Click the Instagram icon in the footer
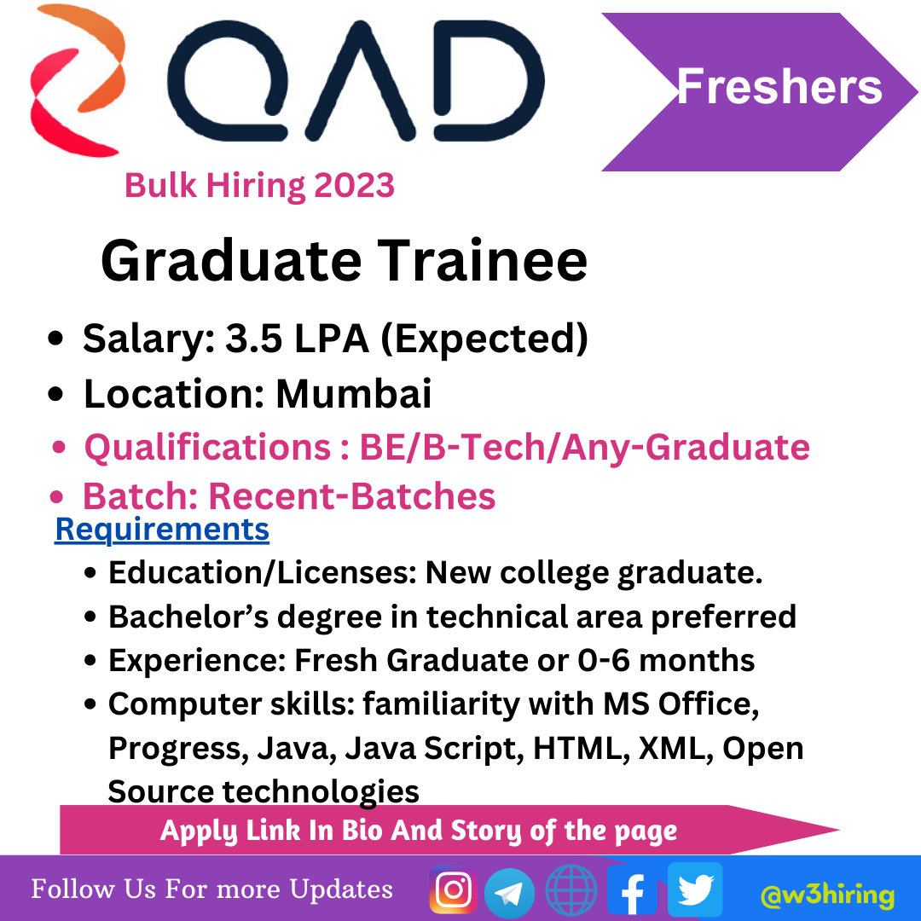pos(453,889)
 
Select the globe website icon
pos(571,890)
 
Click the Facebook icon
pos(631,890)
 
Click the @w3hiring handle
pos(827,895)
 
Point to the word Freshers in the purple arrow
pos(779,86)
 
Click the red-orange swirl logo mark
pos(78,80)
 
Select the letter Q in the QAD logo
pos(228,81)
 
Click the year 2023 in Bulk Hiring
pos(354,186)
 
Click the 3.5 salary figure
pos(254,339)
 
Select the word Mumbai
pos(354,393)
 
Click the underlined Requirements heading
pos(162,530)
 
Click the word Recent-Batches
pos(352,496)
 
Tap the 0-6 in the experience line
pos(605,660)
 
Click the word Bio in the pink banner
pos(362,831)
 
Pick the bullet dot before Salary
pos(55,339)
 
